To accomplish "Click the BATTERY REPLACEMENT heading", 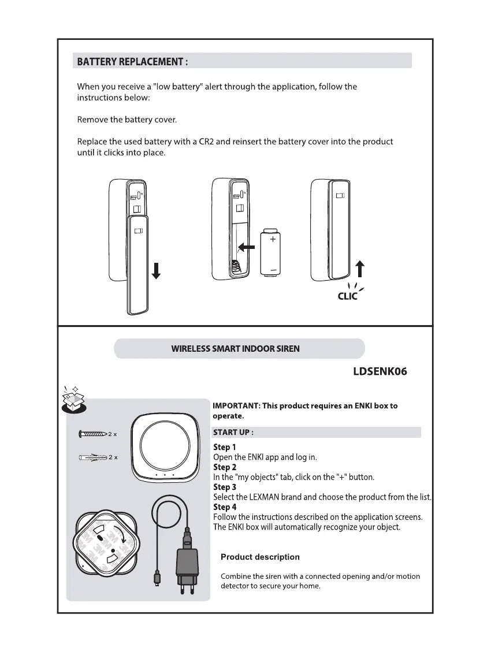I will (132, 61).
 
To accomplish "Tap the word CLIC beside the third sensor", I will (348, 296).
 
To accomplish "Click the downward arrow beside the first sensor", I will (155, 269).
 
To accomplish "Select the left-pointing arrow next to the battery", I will (247, 247).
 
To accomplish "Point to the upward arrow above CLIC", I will (360, 270).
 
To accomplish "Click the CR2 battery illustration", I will (271, 252).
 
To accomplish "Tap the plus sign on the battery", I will (272, 239).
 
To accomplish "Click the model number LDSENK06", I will (380, 371).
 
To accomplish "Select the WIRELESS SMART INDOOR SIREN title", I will (235, 349).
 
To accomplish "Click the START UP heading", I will (233, 432).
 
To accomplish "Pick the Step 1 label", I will (225, 447).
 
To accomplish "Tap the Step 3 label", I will (225, 487).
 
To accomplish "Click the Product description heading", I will (260, 557).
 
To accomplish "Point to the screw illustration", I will (92, 433).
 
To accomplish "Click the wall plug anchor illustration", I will (92, 457).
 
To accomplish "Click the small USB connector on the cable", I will (157, 579).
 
